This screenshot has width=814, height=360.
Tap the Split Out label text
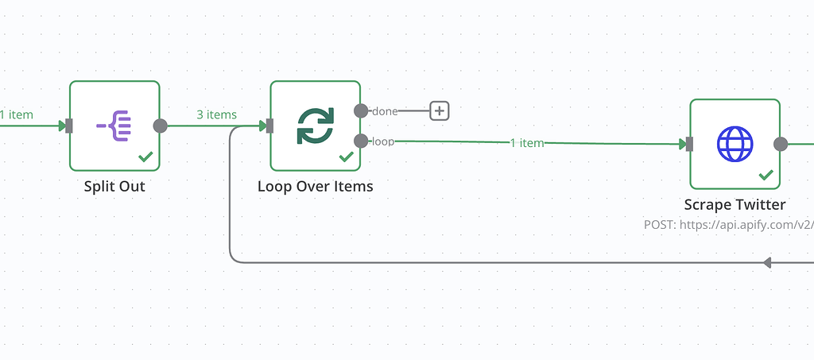114,187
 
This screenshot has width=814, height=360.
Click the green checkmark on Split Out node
145,157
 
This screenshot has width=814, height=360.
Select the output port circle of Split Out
160,126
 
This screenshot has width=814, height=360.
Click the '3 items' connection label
216,114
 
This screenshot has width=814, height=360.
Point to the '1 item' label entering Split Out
17,114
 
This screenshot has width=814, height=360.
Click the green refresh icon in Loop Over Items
315,126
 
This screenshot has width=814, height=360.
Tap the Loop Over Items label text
315,187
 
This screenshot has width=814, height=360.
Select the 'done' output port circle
361,110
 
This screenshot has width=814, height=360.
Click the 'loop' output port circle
361,141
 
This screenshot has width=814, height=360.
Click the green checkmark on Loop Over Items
346,157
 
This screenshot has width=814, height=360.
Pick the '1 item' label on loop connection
526,143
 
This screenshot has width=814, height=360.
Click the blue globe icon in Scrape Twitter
735,144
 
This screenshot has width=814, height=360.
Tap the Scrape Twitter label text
735,205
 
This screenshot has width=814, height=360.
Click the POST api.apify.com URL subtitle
728,225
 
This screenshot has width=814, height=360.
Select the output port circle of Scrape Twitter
781,144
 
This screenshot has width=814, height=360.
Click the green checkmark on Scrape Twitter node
766,175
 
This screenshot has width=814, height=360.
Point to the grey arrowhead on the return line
767,262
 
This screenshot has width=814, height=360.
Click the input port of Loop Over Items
269,126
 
